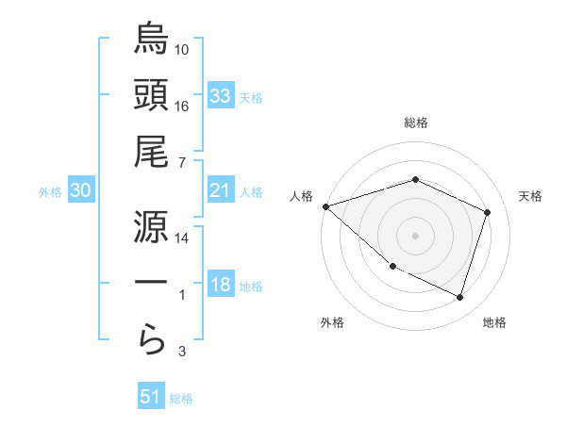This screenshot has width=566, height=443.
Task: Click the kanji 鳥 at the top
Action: click(x=151, y=40)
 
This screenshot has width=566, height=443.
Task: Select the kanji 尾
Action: click(x=151, y=152)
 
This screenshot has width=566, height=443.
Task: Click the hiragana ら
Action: click(x=151, y=340)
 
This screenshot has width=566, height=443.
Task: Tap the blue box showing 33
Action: click(x=220, y=95)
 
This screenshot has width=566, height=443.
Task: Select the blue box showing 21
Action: click(x=220, y=190)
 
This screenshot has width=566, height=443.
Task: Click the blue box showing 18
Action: click(x=220, y=286)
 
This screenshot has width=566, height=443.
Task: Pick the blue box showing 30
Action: click(x=80, y=190)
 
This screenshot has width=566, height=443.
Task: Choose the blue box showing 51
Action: click(x=151, y=397)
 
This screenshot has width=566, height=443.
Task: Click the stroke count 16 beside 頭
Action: click(x=182, y=106)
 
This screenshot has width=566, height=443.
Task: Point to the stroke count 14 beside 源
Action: click(x=182, y=238)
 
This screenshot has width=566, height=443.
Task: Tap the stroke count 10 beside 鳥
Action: click(x=182, y=49)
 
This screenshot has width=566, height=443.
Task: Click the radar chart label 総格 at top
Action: click(x=415, y=123)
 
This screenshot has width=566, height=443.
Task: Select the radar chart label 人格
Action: click(x=302, y=196)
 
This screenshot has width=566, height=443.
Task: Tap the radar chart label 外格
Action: click(x=331, y=322)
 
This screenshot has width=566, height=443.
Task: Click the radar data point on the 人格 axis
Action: click(x=325, y=206)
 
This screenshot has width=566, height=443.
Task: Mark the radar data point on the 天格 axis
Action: click(x=487, y=212)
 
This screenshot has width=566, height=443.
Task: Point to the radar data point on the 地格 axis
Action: click(x=459, y=297)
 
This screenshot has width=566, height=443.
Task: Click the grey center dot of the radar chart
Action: click(x=415, y=236)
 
